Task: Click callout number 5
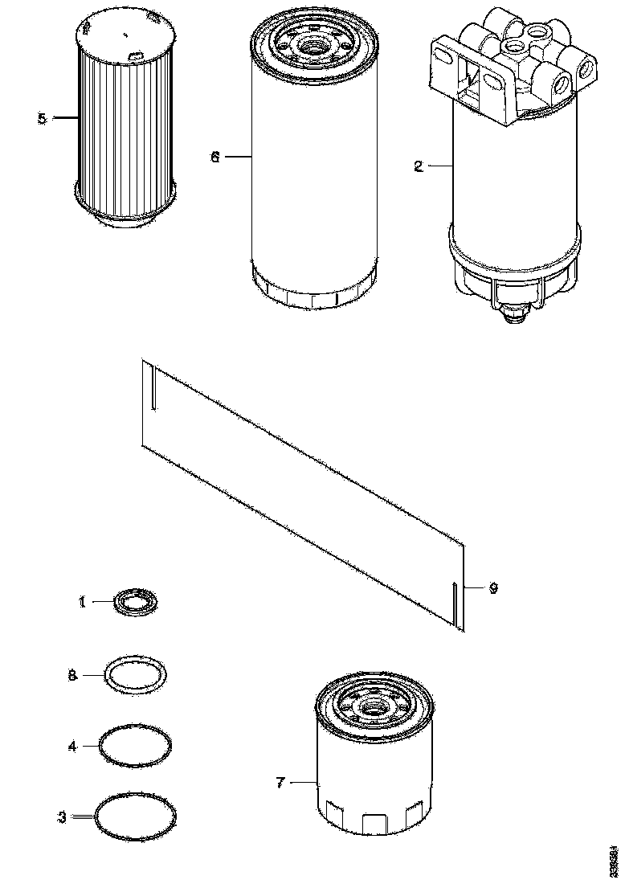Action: [42, 119]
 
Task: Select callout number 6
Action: [214, 158]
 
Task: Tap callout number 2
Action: [418, 166]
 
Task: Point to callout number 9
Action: [493, 588]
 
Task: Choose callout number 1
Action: [82, 601]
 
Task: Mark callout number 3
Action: [62, 817]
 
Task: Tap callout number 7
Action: [280, 782]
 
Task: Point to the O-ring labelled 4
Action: [135, 744]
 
